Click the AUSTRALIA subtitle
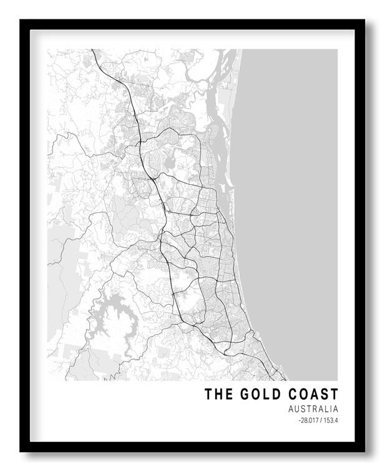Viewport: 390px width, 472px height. (313, 410)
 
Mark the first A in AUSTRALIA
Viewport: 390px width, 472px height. (292, 410)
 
